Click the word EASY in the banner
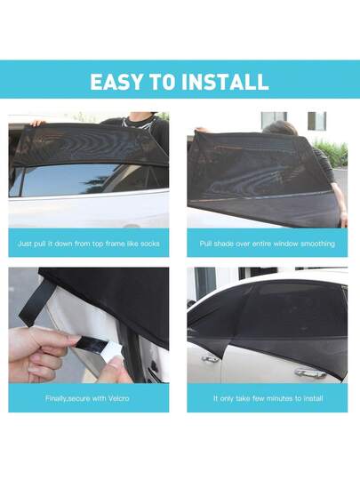(x=116, y=82)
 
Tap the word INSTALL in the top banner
(x=225, y=82)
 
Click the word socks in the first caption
(x=149, y=244)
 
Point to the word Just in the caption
(x=24, y=244)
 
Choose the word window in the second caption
(x=285, y=244)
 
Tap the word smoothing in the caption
(x=317, y=244)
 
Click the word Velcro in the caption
(x=119, y=398)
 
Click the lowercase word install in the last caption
(x=313, y=398)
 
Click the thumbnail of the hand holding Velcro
(x=89, y=325)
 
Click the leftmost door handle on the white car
(x=210, y=358)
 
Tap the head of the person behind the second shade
(x=280, y=128)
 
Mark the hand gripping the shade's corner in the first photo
(x=37, y=123)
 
